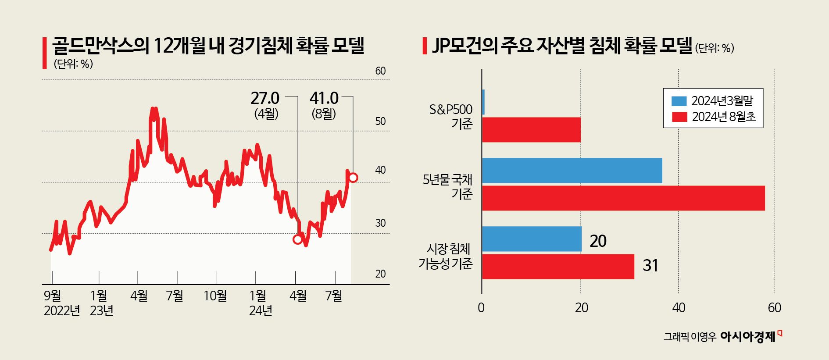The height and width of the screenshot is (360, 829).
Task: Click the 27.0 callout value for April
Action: tap(265, 98)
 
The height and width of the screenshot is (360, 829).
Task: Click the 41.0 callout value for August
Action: tap(324, 98)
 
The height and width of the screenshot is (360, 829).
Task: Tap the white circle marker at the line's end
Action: tap(353, 178)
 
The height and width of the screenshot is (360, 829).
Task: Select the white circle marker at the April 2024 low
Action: tap(298, 239)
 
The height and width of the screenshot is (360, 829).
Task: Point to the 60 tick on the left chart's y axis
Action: tap(380, 71)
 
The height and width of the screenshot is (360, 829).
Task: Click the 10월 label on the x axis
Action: tap(215, 296)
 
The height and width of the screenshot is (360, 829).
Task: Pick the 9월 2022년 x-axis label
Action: tap(61, 303)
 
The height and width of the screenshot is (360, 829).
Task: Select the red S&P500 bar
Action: tap(531, 130)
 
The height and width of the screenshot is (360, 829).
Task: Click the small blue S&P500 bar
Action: tap(483, 103)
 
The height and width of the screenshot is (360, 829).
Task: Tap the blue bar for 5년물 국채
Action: tap(572, 171)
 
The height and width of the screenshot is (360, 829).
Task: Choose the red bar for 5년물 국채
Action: tap(623, 198)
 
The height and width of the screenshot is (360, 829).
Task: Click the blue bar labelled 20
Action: tap(532, 239)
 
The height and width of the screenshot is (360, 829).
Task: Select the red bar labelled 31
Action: tap(558, 267)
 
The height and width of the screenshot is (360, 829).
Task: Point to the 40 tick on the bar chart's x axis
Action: tap(678, 308)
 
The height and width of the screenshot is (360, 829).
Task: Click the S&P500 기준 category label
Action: tap(450, 117)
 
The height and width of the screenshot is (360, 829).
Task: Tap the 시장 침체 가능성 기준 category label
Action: tap(446, 256)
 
